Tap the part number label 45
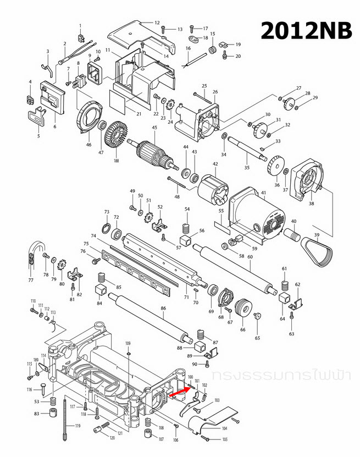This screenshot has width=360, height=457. pos(155,129)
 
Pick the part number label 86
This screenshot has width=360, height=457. pos(163,309)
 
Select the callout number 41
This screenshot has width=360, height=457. pos(263,192)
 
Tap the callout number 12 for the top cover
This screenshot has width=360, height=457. pos(157,23)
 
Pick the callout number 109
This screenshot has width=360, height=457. pos(128,344)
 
